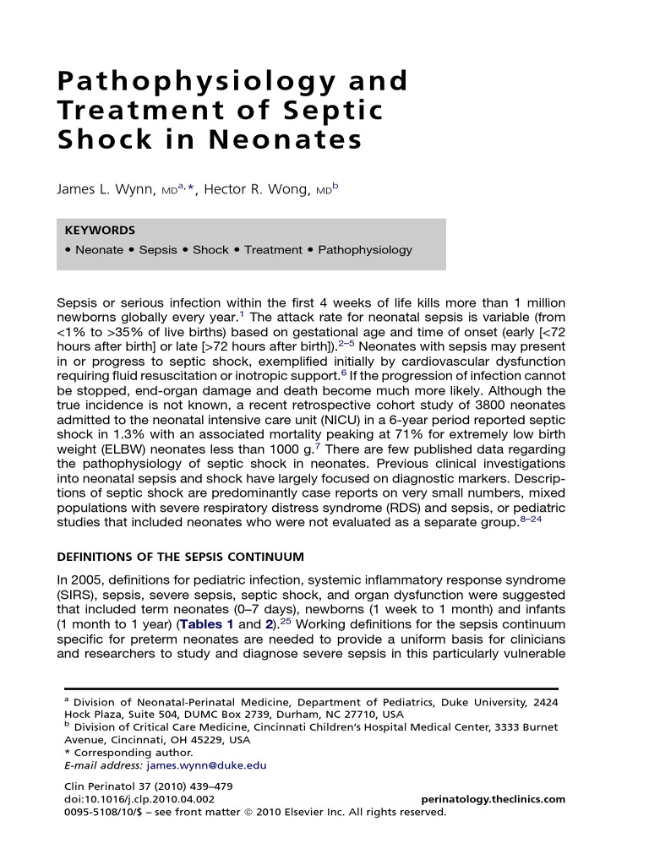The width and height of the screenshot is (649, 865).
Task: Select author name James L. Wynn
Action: coord(106,190)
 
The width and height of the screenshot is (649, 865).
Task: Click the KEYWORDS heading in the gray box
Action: coord(99,230)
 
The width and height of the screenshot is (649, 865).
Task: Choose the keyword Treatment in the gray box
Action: coord(273,250)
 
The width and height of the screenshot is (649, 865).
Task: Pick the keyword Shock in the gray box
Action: coord(210,250)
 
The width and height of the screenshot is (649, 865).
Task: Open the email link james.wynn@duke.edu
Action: coord(206,765)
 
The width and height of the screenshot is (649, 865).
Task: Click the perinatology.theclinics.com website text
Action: coord(493,799)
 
